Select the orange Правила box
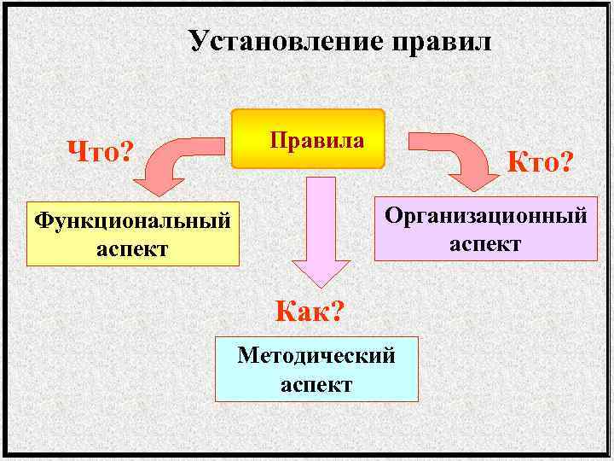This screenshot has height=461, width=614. tap(310, 138)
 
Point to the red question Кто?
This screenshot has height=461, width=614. tap(541, 160)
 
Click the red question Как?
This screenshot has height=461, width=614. tap(310, 312)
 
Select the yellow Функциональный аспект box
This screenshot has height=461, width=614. tap(133, 235)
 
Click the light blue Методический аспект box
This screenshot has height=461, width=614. tap(316, 369)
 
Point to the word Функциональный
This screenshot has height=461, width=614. tap(132, 221)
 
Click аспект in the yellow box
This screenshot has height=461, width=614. tap(132, 249)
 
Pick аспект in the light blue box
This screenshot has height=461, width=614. tap(316, 384)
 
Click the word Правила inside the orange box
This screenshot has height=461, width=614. tap(316, 138)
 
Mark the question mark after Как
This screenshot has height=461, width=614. tap(335, 312)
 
